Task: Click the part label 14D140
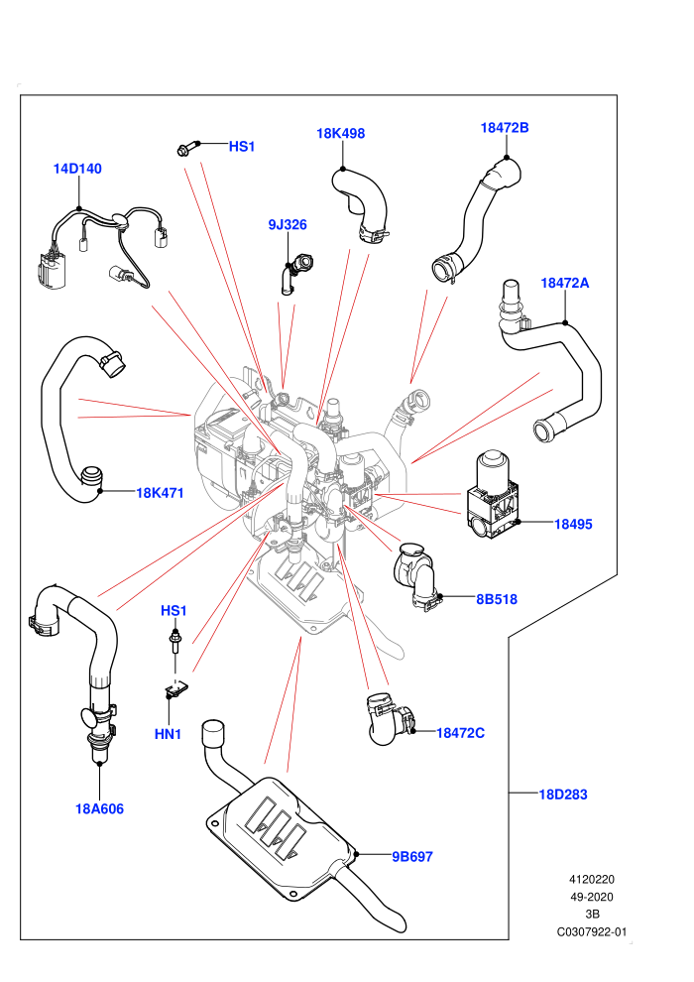(x=77, y=169)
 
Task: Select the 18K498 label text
(x=340, y=133)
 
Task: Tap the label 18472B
(x=505, y=128)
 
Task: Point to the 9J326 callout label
(x=288, y=225)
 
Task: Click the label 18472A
(x=564, y=283)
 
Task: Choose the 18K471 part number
(x=161, y=493)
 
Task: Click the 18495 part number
(x=573, y=524)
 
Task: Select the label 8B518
(x=497, y=599)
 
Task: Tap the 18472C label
(x=460, y=733)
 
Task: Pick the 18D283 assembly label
(x=563, y=795)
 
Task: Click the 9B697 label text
(x=412, y=857)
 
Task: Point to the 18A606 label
(x=99, y=809)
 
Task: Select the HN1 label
(x=168, y=734)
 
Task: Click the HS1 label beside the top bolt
(x=242, y=147)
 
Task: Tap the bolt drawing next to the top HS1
(x=187, y=148)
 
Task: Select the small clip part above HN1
(x=177, y=689)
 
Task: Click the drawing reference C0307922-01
(x=591, y=931)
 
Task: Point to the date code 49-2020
(x=591, y=897)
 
